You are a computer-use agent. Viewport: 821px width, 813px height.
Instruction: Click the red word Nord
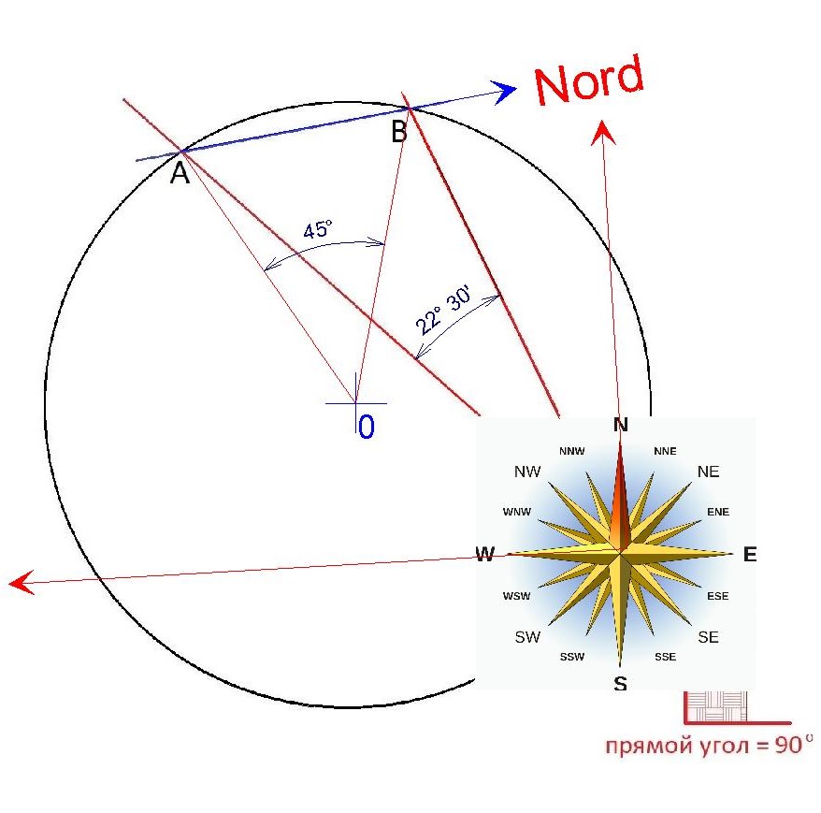(588, 80)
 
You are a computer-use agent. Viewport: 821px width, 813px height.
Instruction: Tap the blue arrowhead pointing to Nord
(503, 92)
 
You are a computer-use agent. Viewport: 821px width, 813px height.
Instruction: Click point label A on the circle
(180, 173)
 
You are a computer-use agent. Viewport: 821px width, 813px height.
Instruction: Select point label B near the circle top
(399, 131)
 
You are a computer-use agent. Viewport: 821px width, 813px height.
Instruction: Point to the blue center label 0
(367, 427)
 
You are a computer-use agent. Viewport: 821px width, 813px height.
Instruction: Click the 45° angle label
(318, 229)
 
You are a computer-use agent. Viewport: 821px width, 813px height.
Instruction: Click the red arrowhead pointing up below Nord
(603, 132)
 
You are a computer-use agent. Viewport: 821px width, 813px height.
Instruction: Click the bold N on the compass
(621, 425)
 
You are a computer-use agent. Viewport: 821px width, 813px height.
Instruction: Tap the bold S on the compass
(621, 684)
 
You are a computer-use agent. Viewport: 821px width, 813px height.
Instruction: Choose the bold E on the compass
(750, 554)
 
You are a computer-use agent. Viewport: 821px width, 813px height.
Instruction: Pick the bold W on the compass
(485, 554)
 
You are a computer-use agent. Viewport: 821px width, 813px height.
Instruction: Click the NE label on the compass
(709, 472)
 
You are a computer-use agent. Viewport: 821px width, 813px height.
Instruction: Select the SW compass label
(527, 637)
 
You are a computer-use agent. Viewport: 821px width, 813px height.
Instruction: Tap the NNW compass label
(571, 451)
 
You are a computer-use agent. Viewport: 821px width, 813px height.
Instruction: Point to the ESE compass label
(718, 596)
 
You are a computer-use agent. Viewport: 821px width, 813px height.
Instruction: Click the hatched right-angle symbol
(716, 706)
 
